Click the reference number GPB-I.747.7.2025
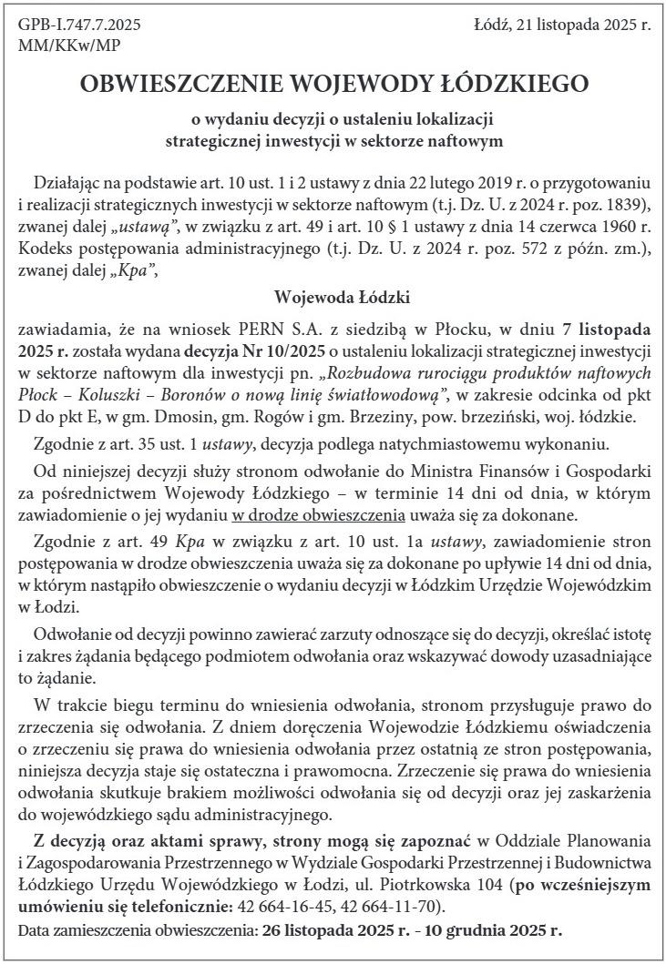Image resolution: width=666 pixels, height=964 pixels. (x=79, y=24)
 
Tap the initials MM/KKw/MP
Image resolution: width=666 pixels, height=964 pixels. (x=69, y=44)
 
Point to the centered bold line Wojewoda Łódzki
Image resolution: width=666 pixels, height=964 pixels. (x=333, y=297)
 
